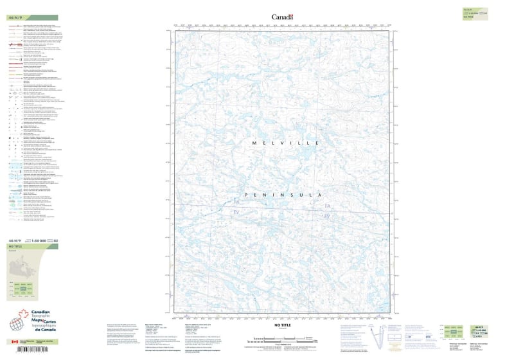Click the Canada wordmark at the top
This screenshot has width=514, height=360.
tap(282, 17)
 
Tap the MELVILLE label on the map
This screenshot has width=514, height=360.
tap(281, 142)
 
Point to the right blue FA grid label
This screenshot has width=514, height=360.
tap(327, 205)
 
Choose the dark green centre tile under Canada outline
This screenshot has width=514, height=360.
tap(24, 289)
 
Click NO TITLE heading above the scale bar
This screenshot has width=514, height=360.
tap(283, 327)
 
